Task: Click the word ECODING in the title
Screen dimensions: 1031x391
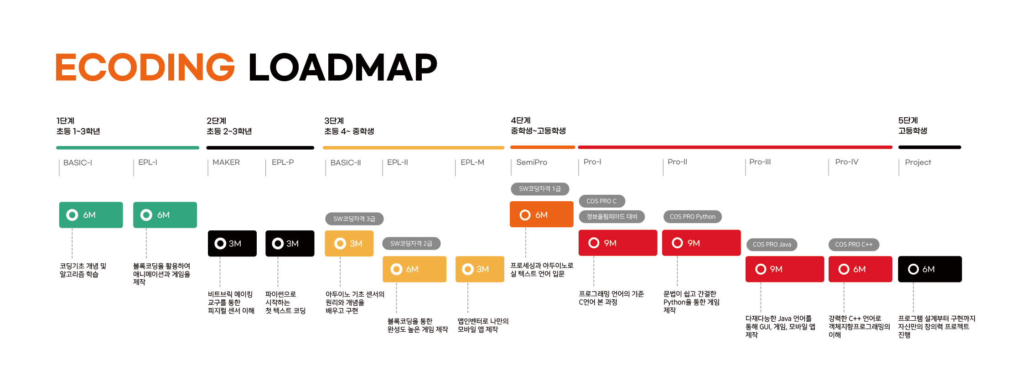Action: click(145, 67)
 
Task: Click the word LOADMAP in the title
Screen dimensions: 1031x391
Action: click(342, 67)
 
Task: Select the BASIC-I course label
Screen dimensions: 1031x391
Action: click(78, 162)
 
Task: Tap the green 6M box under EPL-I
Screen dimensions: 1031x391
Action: click(165, 215)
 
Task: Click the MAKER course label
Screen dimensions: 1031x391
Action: click(226, 162)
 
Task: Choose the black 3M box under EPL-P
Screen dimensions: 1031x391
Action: click(290, 243)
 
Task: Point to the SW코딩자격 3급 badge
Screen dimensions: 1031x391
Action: click(354, 219)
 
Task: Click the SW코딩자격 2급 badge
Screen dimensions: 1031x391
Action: click(411, 244)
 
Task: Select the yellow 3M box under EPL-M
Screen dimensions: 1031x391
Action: click(480, 269)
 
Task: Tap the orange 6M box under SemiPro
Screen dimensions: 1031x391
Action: click(542, 214)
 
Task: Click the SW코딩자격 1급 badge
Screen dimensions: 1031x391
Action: click(540, 189)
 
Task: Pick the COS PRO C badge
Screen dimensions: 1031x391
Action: click(602, 201)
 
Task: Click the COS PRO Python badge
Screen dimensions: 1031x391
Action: click(693, 217)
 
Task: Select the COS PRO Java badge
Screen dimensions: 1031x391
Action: click(772, 245)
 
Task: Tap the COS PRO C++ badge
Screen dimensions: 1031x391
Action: click(854, 245)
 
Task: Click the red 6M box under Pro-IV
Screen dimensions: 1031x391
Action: click(860, 269)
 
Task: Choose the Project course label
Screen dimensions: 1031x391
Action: click(918, 162)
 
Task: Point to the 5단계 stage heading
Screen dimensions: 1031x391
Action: click(908, 120)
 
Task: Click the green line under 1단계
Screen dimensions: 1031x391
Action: click(128, 148)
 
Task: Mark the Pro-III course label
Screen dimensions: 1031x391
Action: click(760, 162)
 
